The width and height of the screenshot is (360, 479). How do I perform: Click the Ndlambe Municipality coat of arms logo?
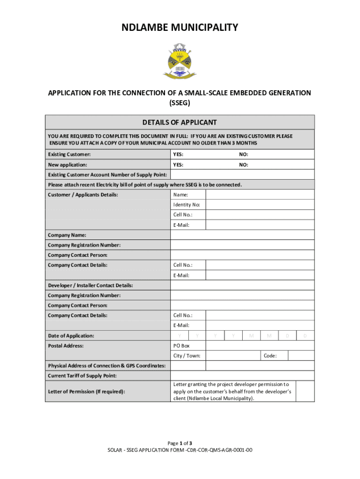(x=180, y=61)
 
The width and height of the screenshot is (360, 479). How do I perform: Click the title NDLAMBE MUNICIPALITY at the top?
(x=180, y=28)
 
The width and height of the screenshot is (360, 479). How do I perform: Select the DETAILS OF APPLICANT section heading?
(x=180, y=123)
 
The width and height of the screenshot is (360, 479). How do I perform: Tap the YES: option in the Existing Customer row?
(x=178, y=154)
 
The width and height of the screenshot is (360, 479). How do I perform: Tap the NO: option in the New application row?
(x=244, y=165)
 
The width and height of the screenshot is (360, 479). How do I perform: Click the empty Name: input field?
(x=260, y=195)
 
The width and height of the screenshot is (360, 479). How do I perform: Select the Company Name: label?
(x=67, y=235)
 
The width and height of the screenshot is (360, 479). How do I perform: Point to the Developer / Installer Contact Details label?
(x=90, y=285)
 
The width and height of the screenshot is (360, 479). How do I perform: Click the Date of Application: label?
(x=71, y=336)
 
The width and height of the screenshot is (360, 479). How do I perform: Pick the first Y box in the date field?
(x=180, y=336)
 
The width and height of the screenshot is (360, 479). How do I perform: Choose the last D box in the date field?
(x=305, y=336)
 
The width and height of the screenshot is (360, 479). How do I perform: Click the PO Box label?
(x=181, y=346)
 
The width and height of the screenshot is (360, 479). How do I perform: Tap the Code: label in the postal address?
(x=270, y=356)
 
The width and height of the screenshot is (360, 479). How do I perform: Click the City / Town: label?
(x=187, y=356)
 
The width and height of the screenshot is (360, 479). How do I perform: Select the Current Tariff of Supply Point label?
(x=82, y=376)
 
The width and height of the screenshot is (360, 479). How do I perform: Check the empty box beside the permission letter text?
(x=305, y=391)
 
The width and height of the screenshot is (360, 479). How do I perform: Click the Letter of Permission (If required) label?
(x=86, y=392)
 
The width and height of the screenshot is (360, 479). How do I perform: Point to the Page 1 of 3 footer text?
(x=180, y=443)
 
